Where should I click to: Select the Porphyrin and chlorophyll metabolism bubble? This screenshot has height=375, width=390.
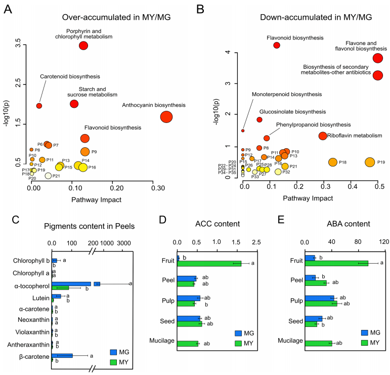coord(83,46)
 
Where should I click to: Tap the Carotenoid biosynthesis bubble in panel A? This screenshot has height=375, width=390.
coord(39,105)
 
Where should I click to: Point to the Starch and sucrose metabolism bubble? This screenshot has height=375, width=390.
coord(74,104)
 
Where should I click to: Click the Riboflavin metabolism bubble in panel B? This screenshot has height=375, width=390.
coord(323,136)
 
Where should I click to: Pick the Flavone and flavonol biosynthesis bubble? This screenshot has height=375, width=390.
coord(377,58)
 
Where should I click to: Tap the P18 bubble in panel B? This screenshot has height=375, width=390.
coord(332,162)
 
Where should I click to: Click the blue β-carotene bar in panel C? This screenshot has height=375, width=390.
coord(62,355)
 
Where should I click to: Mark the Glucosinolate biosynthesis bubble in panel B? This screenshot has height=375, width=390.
coord(259,119)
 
